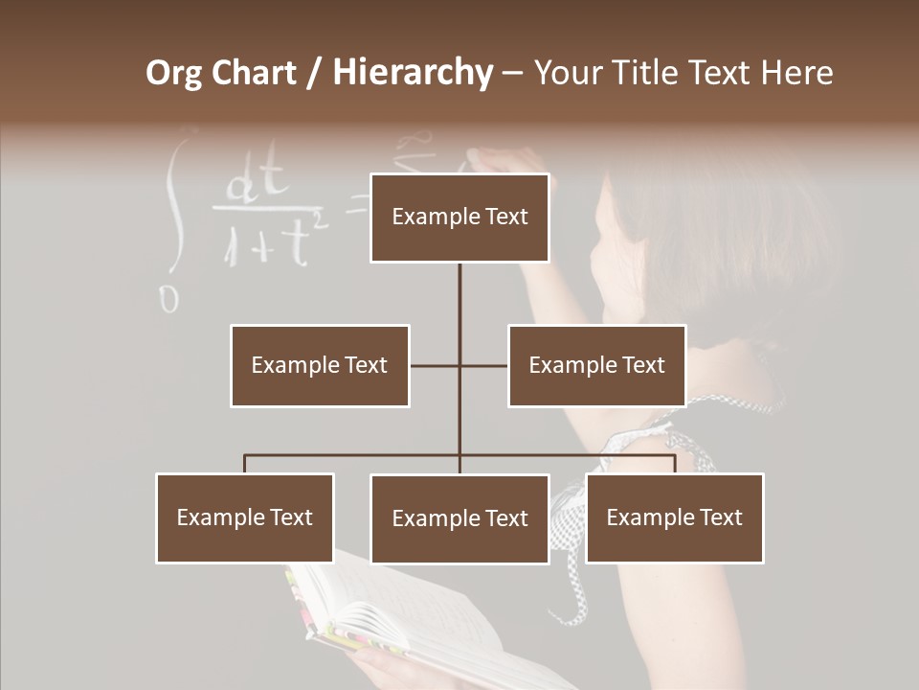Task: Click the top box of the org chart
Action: [x=459, y=218]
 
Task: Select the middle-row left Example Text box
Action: [x=320, y=365]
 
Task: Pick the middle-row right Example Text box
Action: [x=596, y=365]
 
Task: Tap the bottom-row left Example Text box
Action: [x=245, y=517]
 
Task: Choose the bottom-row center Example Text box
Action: [x=459, y=518]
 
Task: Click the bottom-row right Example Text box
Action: [x=674, y=517]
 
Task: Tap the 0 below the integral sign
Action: [x=169, y=299]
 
